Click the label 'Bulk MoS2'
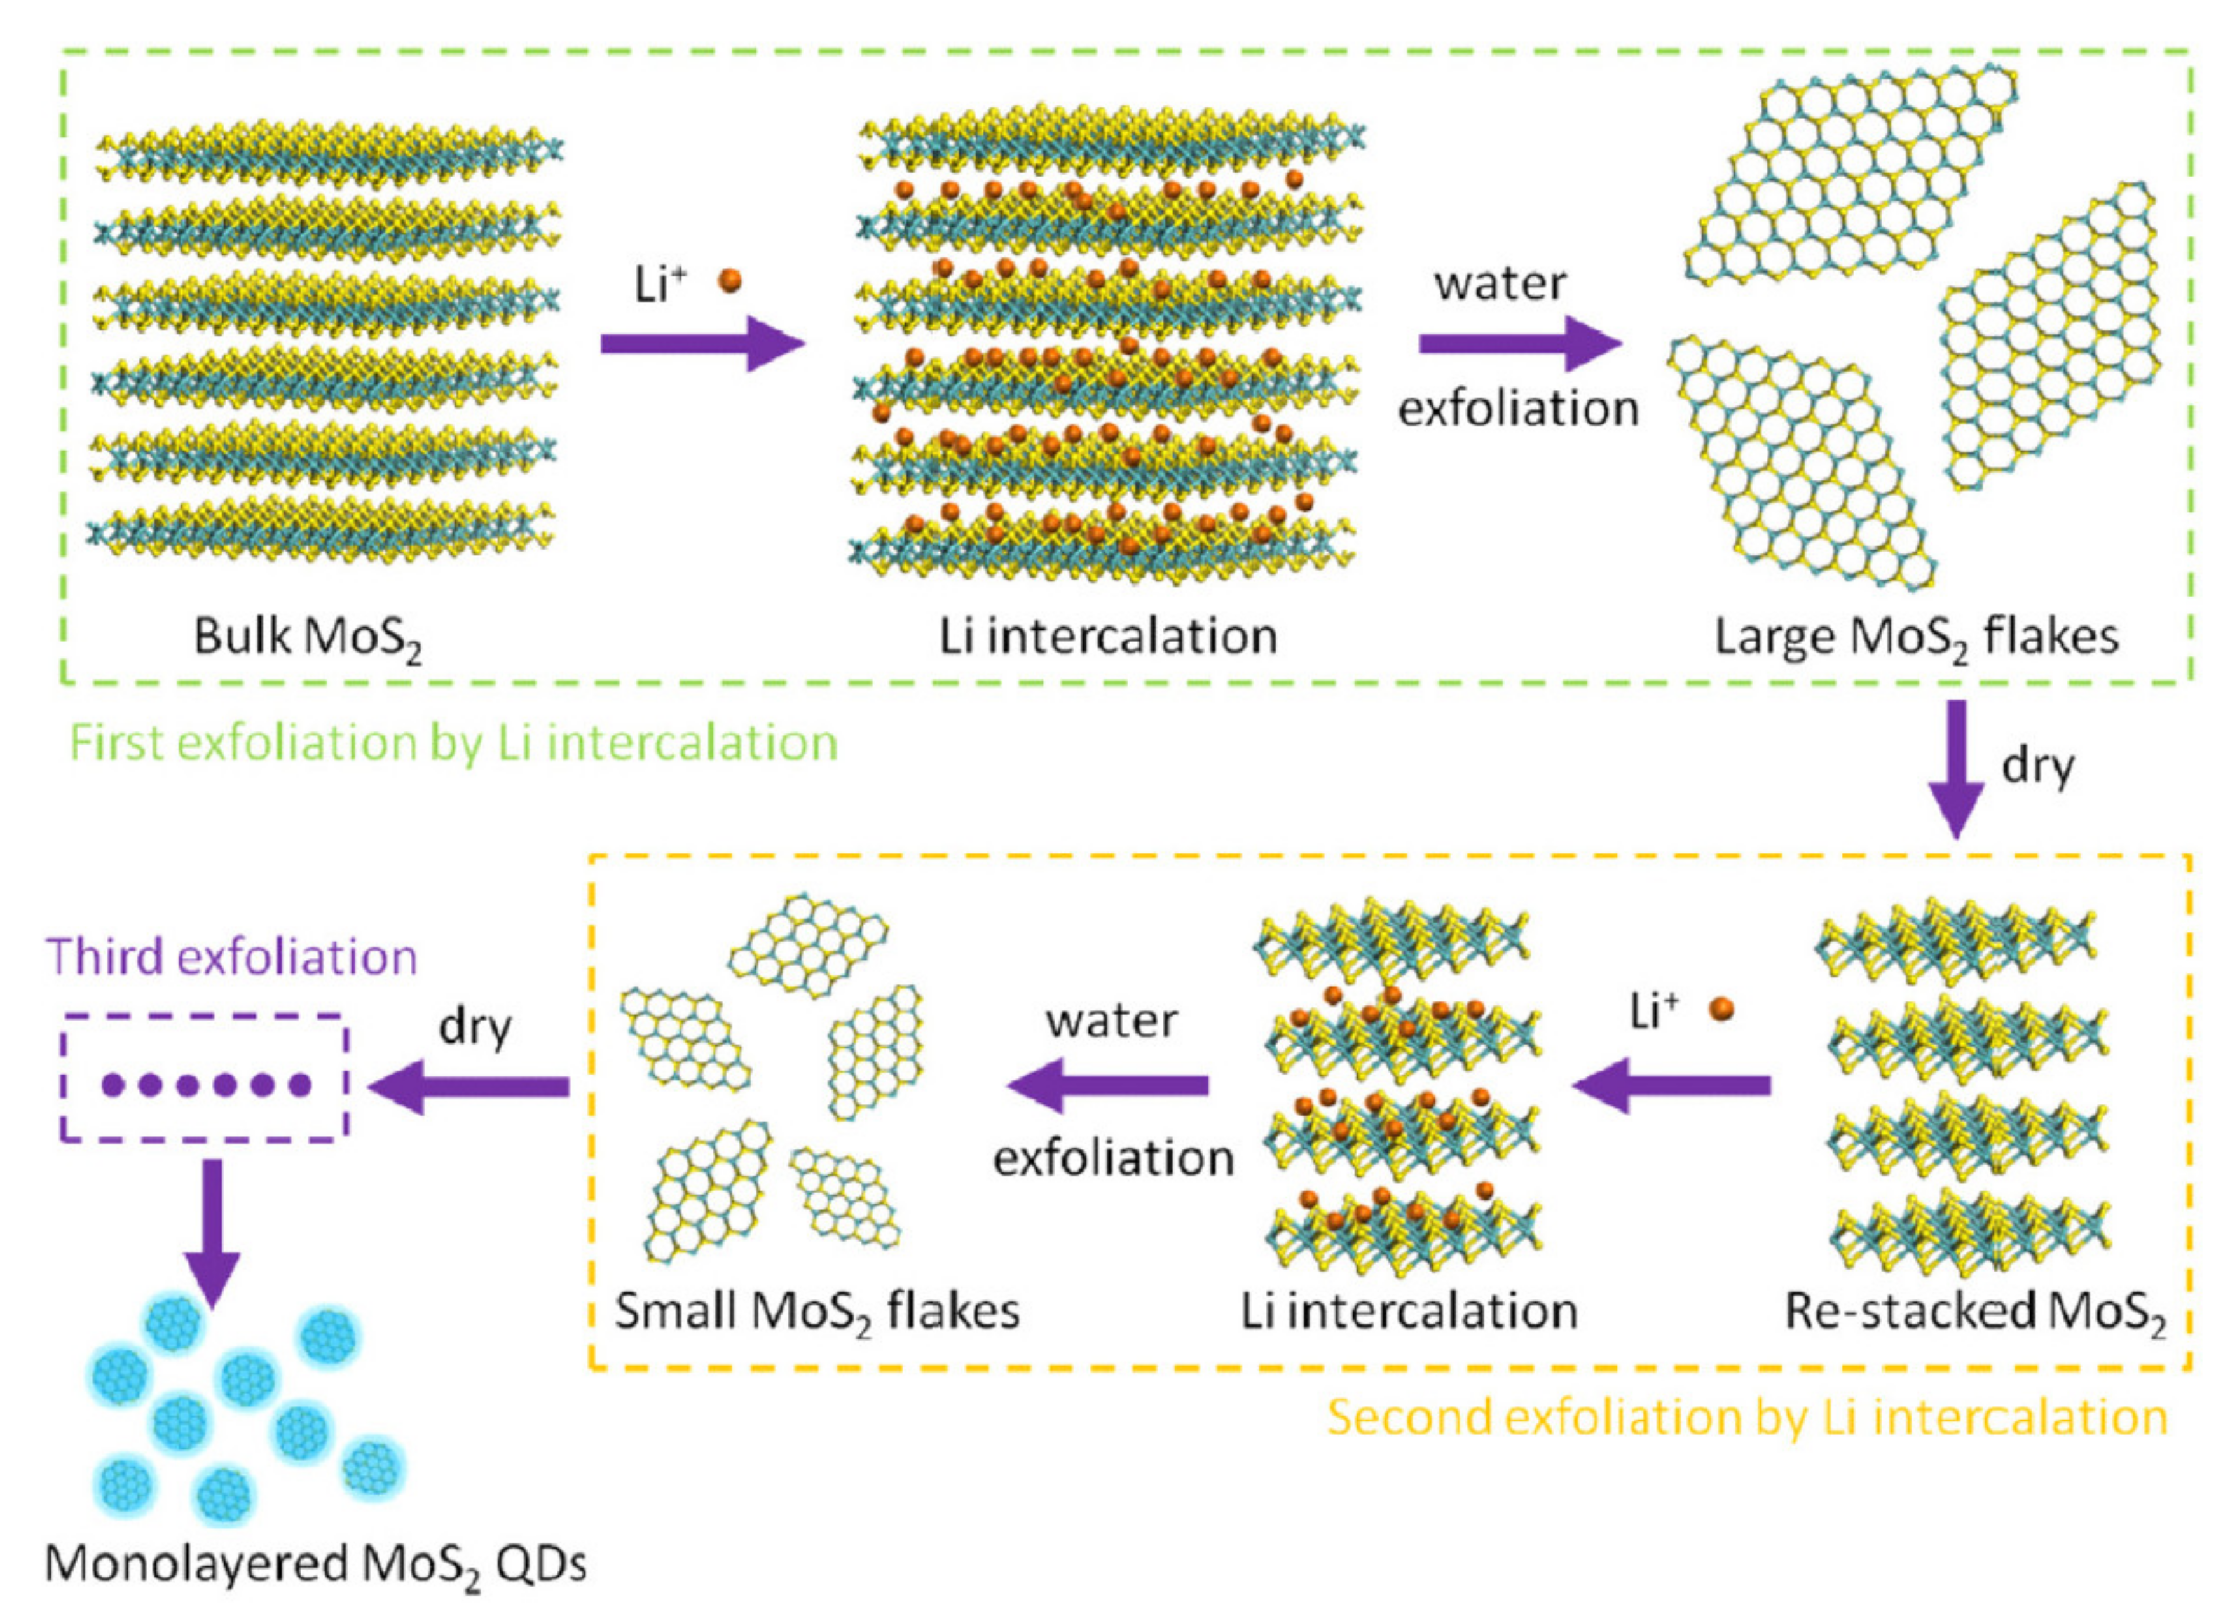click(307, 637)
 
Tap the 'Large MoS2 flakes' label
click(1915, 637)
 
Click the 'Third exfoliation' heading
click(231, 956)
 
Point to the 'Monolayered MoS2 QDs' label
click(315, 1563)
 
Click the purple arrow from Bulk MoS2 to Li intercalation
click(702, 343)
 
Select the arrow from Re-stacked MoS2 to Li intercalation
click(1671, 1086)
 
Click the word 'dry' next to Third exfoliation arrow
click(475, 1028)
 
